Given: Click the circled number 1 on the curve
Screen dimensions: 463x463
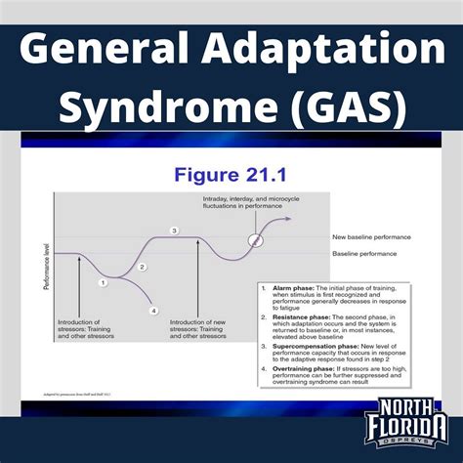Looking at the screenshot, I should (x=103, y=281).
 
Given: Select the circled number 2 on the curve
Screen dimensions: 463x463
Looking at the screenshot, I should (x=142, y=266).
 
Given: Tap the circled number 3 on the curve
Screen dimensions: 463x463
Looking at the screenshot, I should (x=174, y=231).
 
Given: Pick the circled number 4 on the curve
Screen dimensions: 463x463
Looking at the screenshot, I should (x=153, y=310).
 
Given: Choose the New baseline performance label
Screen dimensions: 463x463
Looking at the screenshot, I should (x=372, y=236).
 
